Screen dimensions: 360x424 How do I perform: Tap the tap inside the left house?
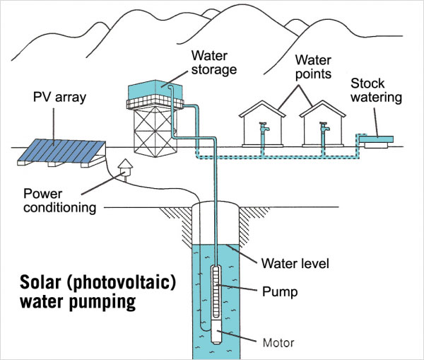coord(262,129)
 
